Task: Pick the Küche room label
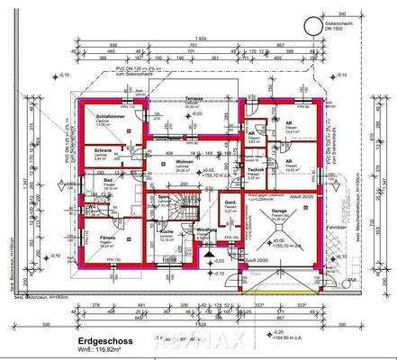(x=167, y=231)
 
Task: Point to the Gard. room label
(x=230, y=203)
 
